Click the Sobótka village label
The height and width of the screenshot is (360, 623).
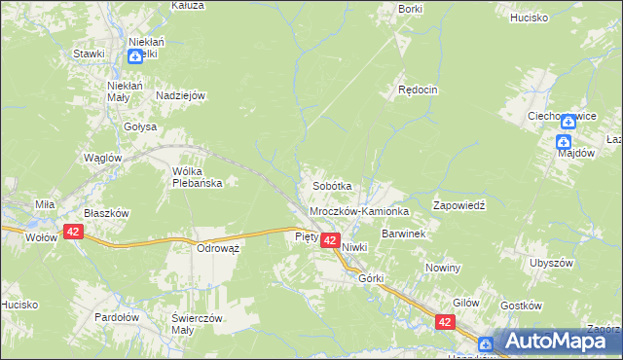click(331, 185)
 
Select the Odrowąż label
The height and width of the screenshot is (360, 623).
click(219, 248)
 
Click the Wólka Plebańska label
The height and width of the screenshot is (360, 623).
click(198, 176)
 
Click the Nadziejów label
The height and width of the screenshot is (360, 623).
click(178, 95)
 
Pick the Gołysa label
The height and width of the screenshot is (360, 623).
click(140, 126)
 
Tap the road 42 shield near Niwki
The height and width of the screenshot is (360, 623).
click(330, 240)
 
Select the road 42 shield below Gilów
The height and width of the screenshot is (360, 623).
click(445, 322)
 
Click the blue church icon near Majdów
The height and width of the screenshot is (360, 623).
click(564, 142)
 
